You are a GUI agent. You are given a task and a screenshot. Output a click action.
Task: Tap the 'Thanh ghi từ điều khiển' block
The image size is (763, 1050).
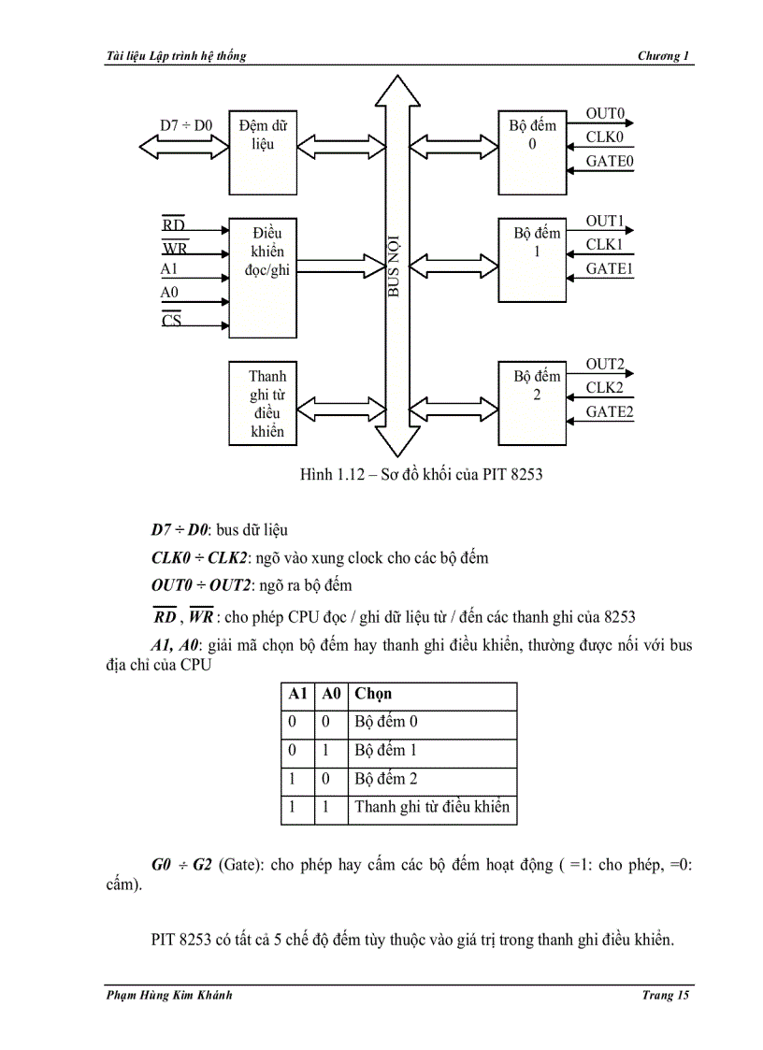(266, 403)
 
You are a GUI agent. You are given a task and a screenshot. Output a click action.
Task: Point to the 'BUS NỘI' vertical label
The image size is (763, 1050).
(394, 266)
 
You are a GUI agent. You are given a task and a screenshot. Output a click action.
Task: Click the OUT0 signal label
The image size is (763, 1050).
(605, 114)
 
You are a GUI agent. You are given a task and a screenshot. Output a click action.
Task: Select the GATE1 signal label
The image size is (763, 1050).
(609, 268)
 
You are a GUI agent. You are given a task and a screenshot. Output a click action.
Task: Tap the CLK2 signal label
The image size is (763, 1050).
(605, 387)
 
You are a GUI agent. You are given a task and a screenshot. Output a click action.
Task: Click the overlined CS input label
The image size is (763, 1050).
(172, 321)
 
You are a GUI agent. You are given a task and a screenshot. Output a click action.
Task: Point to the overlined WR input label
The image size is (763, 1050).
(175, 249)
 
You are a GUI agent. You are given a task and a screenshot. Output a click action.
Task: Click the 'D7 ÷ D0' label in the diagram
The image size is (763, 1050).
(186, 124)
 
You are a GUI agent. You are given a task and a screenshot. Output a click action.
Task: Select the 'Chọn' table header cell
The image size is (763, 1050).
(373, 694)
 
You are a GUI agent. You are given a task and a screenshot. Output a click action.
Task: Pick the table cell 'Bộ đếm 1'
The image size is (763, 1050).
(386, 750)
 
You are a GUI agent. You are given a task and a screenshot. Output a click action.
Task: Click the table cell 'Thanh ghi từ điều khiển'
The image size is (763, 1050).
(432, 807)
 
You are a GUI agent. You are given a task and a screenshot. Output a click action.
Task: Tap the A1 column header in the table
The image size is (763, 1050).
(297, 694)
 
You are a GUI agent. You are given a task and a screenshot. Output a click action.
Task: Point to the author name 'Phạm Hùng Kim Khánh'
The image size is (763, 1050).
(169, 996)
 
